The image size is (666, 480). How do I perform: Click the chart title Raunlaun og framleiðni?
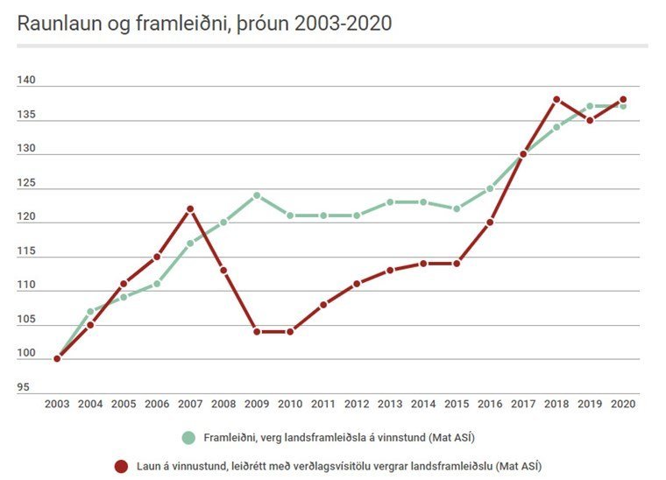point(203,24)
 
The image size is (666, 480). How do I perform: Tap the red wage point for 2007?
point(190,208)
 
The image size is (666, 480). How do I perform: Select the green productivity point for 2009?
point(257,195)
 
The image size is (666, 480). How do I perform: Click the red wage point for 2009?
point(257,332)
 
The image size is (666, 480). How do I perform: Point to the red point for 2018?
point(556,99)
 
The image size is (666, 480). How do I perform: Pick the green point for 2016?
point(490,188)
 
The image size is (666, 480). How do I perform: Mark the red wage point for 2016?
point(490,222)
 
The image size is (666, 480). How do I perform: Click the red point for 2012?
point(357,284)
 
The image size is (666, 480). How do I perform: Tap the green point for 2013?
point(390,202)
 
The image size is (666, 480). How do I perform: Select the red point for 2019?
point(590,120)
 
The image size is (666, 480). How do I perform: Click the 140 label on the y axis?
point(25,81)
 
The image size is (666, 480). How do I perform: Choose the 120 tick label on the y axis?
point(25,217)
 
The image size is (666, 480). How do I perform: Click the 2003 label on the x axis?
point(57,404)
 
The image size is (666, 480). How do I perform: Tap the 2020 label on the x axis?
point(623,404)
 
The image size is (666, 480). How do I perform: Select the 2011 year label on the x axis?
point(323,404)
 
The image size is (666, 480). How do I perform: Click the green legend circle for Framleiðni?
point(188,437)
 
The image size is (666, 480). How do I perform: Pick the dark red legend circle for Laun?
point(121,465)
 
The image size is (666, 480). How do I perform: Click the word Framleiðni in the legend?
point(230,437)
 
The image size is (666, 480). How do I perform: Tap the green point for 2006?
point(157,284)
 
